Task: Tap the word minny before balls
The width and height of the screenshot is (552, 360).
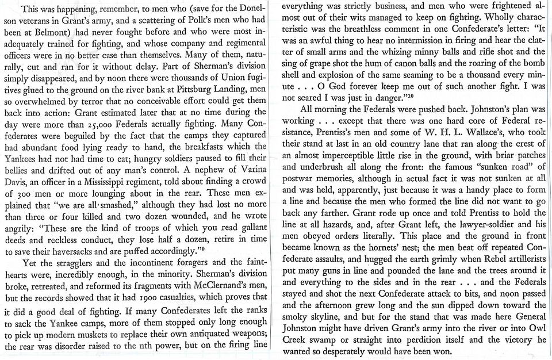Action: point(416,49)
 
